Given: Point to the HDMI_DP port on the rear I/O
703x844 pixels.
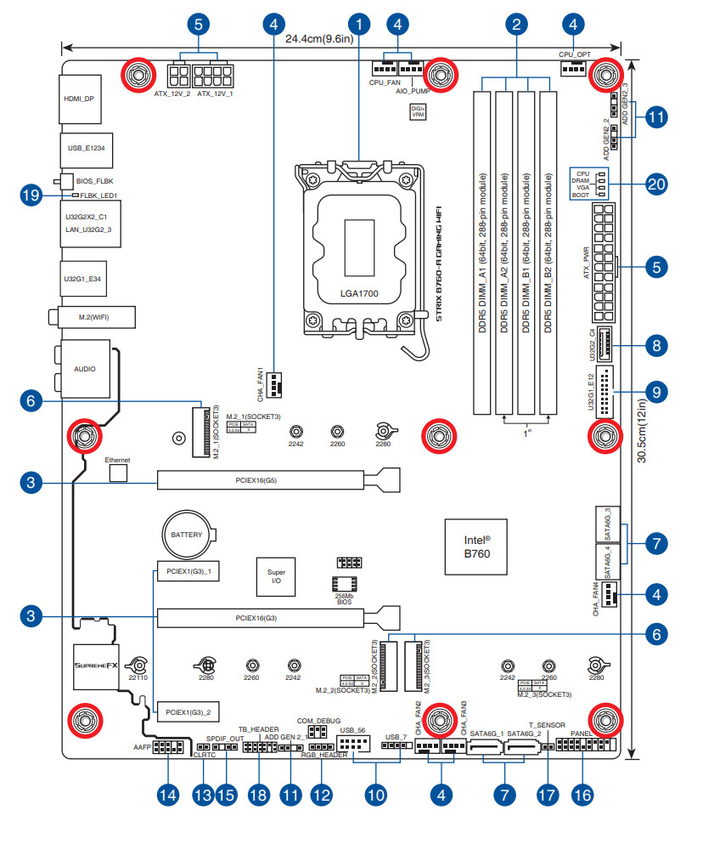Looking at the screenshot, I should point(81,99).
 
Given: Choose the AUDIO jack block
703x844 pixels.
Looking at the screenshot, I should point(85,370).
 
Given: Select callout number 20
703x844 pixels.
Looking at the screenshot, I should point(655,184).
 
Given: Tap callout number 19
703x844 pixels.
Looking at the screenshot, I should point(31,195).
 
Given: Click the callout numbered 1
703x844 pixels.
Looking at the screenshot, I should point(360,23).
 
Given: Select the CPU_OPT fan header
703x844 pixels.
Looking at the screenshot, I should point(574,68).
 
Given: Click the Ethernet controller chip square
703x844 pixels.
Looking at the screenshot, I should point(118,470).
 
